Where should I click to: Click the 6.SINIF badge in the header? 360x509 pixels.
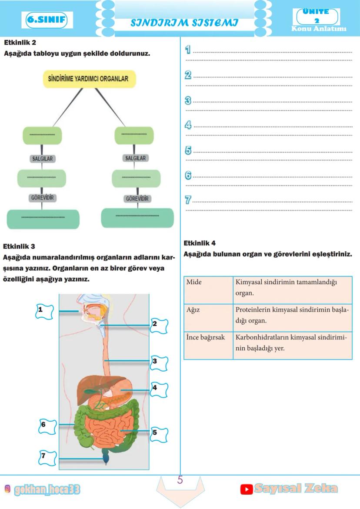46,20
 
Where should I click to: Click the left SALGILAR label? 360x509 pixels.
43,159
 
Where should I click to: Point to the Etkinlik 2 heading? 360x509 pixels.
20,43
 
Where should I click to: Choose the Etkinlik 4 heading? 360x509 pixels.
200,243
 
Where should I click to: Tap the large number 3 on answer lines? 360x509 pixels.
188,101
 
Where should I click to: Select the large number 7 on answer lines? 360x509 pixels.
188,200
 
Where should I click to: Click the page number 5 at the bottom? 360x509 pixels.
180,481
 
